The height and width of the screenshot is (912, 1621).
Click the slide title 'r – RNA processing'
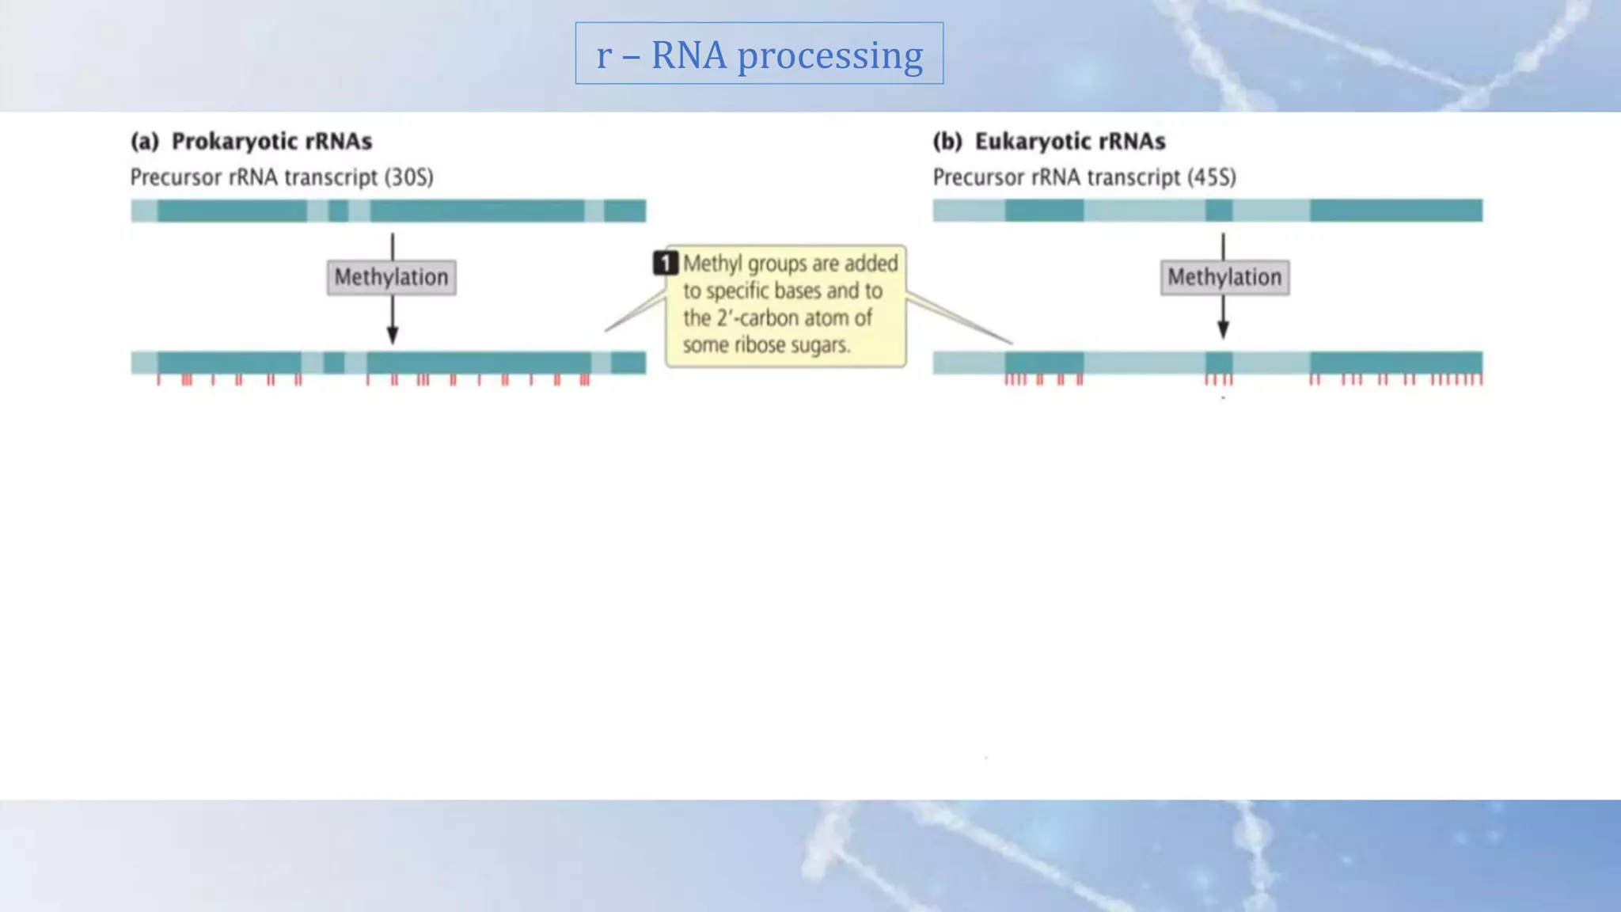coord(759,55)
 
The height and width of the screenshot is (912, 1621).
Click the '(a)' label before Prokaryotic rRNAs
coord(145,142)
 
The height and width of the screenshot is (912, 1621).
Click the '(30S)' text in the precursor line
coord(408,177)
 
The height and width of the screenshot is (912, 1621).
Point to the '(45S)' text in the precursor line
coord(1211,177)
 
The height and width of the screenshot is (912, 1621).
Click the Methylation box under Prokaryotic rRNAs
coord(391,277)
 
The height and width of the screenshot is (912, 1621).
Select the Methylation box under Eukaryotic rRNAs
coord(1224,277)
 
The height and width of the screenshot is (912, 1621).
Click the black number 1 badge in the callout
coord(666,263)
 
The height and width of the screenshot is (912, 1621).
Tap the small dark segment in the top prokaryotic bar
coord(338,211)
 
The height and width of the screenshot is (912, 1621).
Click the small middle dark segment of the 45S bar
coord(1219,211)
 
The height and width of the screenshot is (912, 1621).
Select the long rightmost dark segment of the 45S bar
coord(1395,211)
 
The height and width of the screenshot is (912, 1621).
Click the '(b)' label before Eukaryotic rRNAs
coord(947,142)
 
